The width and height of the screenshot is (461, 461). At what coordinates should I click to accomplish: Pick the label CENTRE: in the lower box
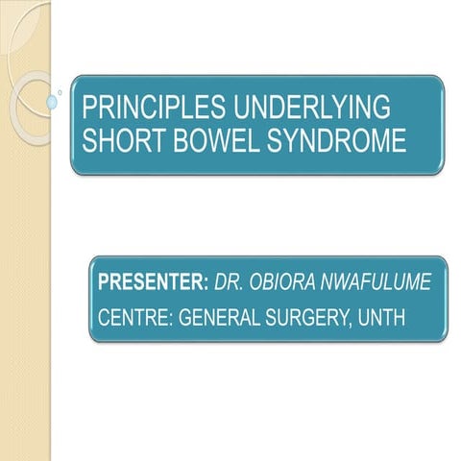(134, 315)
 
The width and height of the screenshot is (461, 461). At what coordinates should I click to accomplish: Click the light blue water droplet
(52, 101)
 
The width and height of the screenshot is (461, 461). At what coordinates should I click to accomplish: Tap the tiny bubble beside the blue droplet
(61, 93)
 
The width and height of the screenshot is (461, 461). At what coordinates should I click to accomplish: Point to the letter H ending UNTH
(405, 315)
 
